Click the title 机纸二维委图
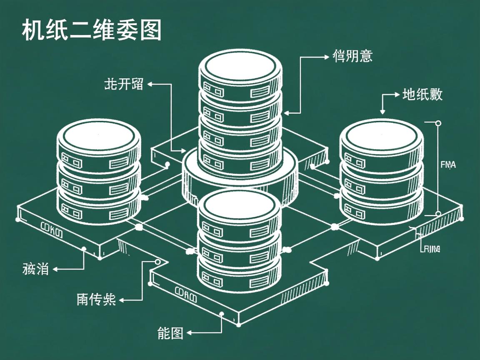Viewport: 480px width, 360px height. coord(91,30)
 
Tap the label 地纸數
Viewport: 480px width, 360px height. coord(422,95)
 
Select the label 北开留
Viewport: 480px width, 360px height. coord(123,85)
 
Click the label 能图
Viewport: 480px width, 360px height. coord(170,332)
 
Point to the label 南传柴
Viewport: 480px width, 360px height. coord(96,299)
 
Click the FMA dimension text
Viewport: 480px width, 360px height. coord(448,165)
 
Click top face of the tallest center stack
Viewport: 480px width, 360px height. coord(240,67)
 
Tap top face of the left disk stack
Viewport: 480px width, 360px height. coord(98,135)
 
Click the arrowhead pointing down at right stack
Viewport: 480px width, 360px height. coord(382,112)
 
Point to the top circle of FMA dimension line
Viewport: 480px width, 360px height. coord(438,123)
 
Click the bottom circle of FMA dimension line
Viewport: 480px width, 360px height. coord(438,214)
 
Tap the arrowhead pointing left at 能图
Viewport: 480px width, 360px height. coord(189,332)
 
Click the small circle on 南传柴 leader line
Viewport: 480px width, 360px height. coord(157,262)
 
